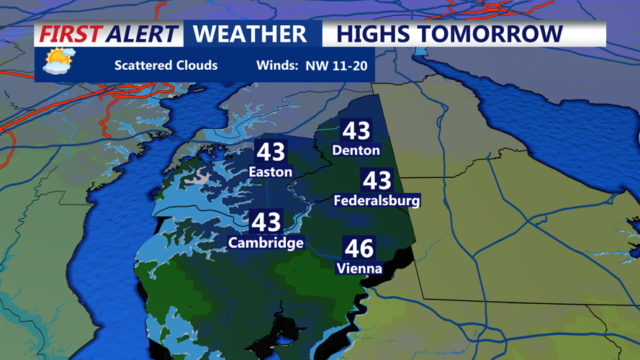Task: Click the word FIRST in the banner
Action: tap(71, 34)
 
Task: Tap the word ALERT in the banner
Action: tap(142, 34)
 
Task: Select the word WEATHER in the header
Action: tap(250, 34)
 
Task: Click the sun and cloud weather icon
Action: tap(58, 62)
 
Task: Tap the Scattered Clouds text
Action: tap(166, 66)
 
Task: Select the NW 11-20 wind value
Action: tap(336, 66)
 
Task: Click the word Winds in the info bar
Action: tap(277, 66)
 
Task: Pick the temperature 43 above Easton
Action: tap(271, 152)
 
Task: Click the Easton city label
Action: tap(270, 172)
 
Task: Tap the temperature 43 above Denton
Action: tap(356, 131)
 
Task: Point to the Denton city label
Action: tap(356, 150)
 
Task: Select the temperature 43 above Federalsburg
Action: tap(377, 181)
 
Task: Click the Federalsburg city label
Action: tap(377, 201)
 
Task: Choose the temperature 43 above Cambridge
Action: tap(266, 222)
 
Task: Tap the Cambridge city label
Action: tap(266, 243)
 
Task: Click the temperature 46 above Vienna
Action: tap(359, 248)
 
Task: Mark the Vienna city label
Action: tap(359, 269)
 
